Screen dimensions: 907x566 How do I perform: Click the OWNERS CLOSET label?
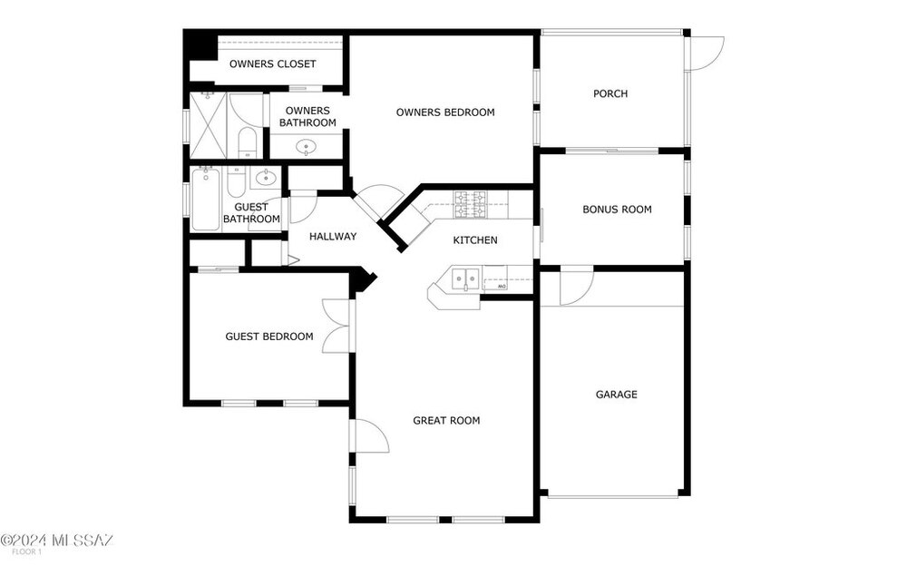click(272, 63)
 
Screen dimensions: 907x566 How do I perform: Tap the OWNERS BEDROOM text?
click(445, 112)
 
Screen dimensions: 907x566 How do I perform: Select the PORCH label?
click(610, 93)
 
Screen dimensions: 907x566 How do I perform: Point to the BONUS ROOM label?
click(617, 210)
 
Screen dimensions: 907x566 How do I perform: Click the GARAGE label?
click(617, 395)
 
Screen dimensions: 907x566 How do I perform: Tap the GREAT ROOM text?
click(446, 421)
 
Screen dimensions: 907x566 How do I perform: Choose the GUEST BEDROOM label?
click(269, 337)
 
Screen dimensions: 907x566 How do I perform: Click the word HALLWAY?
click(333, 237)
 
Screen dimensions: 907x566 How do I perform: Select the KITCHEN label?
click(475, 240)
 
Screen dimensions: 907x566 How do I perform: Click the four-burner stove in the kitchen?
click(470, 204)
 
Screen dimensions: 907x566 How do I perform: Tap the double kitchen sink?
click(466, 279)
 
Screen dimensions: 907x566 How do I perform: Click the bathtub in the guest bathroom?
click(205, 199)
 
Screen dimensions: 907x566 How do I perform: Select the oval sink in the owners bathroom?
click(306, 148)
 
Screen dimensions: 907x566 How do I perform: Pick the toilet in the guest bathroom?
click(236, 181)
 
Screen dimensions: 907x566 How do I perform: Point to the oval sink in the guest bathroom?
click(266, 177)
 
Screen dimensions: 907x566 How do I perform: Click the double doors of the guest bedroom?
click(336, 327)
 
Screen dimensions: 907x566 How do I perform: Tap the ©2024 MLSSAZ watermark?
click(56, 541)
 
